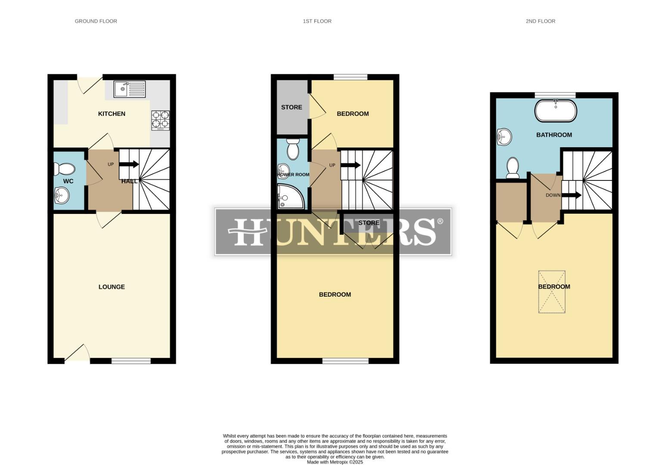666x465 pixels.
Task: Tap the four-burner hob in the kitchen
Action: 160,120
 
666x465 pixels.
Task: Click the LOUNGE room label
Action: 112,287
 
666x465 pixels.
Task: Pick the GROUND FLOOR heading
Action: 96,21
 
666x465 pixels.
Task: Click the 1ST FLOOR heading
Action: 317,21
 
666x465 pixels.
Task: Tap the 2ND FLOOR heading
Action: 540,21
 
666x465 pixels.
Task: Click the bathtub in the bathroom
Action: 555,111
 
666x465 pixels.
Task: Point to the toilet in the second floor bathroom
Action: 513,168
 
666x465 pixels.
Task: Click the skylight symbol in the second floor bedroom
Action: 551,291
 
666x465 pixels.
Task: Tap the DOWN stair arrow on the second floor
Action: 572,195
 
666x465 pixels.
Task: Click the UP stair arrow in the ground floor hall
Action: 129,164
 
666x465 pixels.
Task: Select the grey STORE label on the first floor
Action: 292,107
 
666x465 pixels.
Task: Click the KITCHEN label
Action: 112,114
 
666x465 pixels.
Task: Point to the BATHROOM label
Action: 554,135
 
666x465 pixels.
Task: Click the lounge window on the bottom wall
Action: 131,361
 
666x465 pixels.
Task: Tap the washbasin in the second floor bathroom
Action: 504,137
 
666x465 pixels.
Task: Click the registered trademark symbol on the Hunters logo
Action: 440,221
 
